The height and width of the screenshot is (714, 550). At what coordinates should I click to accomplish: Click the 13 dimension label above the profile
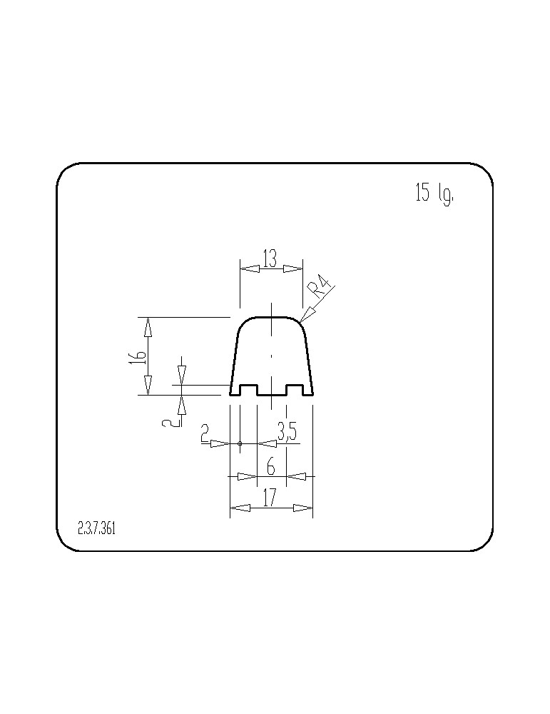pyautogui.click(x=270, y=258)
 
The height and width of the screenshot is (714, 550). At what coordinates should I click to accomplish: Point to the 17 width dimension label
pyautogui.click(x=270, y=498)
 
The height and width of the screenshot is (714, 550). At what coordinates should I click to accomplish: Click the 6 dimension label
pyautogui.click(x=271, y=467)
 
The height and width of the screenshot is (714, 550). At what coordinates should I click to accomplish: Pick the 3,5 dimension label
pyautogui.click(x=287, y=433)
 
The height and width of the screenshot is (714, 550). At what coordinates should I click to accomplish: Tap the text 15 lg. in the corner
pyautogui.click(x=435, y=194)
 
